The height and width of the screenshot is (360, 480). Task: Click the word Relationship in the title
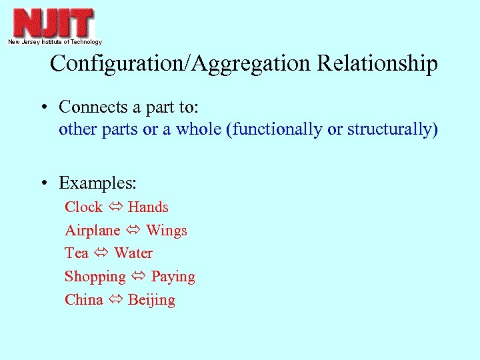coord(377,63)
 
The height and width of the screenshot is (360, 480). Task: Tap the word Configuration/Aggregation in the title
coord(181,63)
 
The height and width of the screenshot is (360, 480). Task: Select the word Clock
coord(83,207)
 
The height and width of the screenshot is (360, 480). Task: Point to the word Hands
coord(148,207)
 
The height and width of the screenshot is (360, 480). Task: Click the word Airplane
coord(92,231)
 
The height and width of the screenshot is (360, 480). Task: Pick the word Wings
coord(167,231)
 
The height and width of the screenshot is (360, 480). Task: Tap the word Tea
coord(76,253)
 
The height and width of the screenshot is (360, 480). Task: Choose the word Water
coord(133,253)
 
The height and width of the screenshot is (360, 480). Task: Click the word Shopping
coord(95,277)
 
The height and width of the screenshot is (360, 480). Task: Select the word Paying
coord(173,277)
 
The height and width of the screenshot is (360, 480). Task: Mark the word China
coord(83,300)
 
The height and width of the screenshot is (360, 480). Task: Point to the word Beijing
coord(151,300)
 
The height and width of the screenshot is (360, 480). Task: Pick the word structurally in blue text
coord(389,129)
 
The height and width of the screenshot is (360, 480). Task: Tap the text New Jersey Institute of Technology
coord(55,42)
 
